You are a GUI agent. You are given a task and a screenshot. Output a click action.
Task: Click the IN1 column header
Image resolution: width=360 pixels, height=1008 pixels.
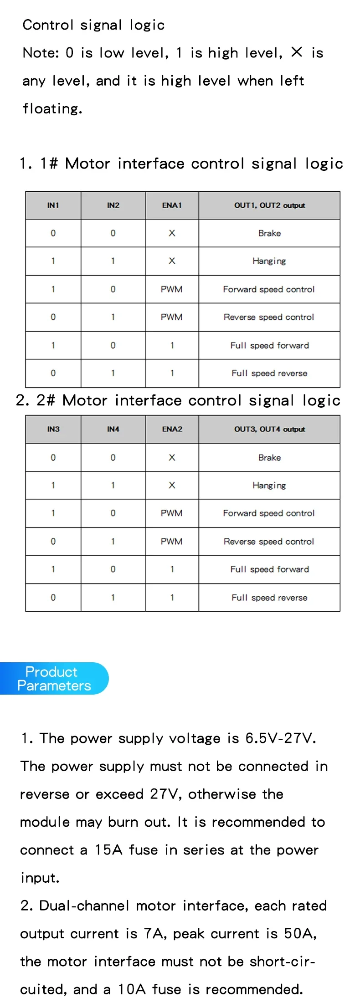53,205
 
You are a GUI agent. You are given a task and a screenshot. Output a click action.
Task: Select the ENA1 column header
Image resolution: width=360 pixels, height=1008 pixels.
172,205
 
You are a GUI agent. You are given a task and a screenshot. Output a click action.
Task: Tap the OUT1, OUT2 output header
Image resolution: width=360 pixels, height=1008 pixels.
269,205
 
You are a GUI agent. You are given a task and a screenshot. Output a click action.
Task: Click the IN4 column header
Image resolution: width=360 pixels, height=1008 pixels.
113,429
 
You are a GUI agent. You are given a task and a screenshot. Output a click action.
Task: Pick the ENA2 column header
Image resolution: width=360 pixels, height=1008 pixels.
172,429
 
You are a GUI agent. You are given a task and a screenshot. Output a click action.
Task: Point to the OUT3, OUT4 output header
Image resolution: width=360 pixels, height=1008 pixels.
269,429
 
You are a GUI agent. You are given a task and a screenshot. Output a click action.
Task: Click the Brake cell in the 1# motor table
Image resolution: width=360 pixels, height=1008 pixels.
269,233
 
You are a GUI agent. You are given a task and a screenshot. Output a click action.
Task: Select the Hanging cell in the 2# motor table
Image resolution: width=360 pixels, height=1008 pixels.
269,486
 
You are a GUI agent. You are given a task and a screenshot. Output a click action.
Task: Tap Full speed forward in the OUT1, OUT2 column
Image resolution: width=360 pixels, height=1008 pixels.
269,345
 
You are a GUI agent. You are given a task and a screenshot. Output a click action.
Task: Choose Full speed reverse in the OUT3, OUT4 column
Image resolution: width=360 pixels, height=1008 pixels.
269,598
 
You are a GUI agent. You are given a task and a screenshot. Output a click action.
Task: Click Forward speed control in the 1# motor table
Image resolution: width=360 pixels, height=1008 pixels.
269,289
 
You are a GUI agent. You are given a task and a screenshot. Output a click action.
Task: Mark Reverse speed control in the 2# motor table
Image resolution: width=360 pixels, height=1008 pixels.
269,542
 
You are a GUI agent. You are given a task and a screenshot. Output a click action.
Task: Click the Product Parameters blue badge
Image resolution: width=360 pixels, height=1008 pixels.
54,679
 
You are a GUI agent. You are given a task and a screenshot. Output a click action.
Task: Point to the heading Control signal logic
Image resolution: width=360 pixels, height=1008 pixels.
93,25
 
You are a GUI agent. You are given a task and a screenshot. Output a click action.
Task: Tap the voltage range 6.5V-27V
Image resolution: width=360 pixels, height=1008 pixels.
280,738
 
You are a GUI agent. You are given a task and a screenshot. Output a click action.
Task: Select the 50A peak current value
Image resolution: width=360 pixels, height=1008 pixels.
299,934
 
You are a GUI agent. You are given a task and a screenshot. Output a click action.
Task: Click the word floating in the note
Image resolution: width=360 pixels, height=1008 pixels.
52,109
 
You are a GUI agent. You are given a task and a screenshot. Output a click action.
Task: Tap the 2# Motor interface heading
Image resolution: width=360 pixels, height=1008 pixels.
178,400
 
